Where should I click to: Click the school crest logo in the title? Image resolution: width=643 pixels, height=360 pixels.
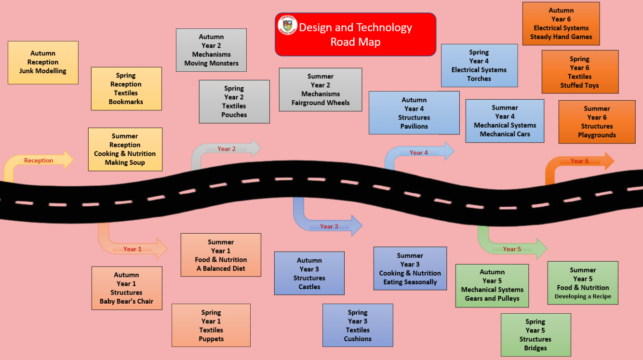coord(287,25)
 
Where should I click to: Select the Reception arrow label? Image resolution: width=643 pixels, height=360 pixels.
coord(39,160)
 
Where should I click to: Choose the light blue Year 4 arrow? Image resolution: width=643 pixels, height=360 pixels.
coord(418,152)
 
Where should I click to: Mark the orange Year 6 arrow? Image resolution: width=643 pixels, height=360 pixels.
coord(579,161)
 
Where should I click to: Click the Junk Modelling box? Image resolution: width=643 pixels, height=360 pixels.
coord(43,63)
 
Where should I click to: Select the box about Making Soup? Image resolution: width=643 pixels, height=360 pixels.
coord(125,149)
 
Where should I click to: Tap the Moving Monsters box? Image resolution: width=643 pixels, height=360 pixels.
coord(211,50)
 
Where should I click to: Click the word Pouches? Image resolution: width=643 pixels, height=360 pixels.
coord(234,115)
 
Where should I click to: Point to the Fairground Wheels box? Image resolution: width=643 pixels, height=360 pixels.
coord(321,90)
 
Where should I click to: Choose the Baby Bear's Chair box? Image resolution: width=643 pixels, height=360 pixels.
coord(127,288)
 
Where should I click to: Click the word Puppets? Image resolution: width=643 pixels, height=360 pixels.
coord(211,339)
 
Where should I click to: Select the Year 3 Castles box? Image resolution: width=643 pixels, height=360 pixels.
coord(309,273)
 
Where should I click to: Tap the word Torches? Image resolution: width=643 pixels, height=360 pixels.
coord(479,79)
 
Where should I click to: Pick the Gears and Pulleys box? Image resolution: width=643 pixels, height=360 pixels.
coord(492,286)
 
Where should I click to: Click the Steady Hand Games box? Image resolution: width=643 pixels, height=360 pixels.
coord(561,24)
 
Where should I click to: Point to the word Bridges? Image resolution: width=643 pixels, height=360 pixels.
coord(536,348)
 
